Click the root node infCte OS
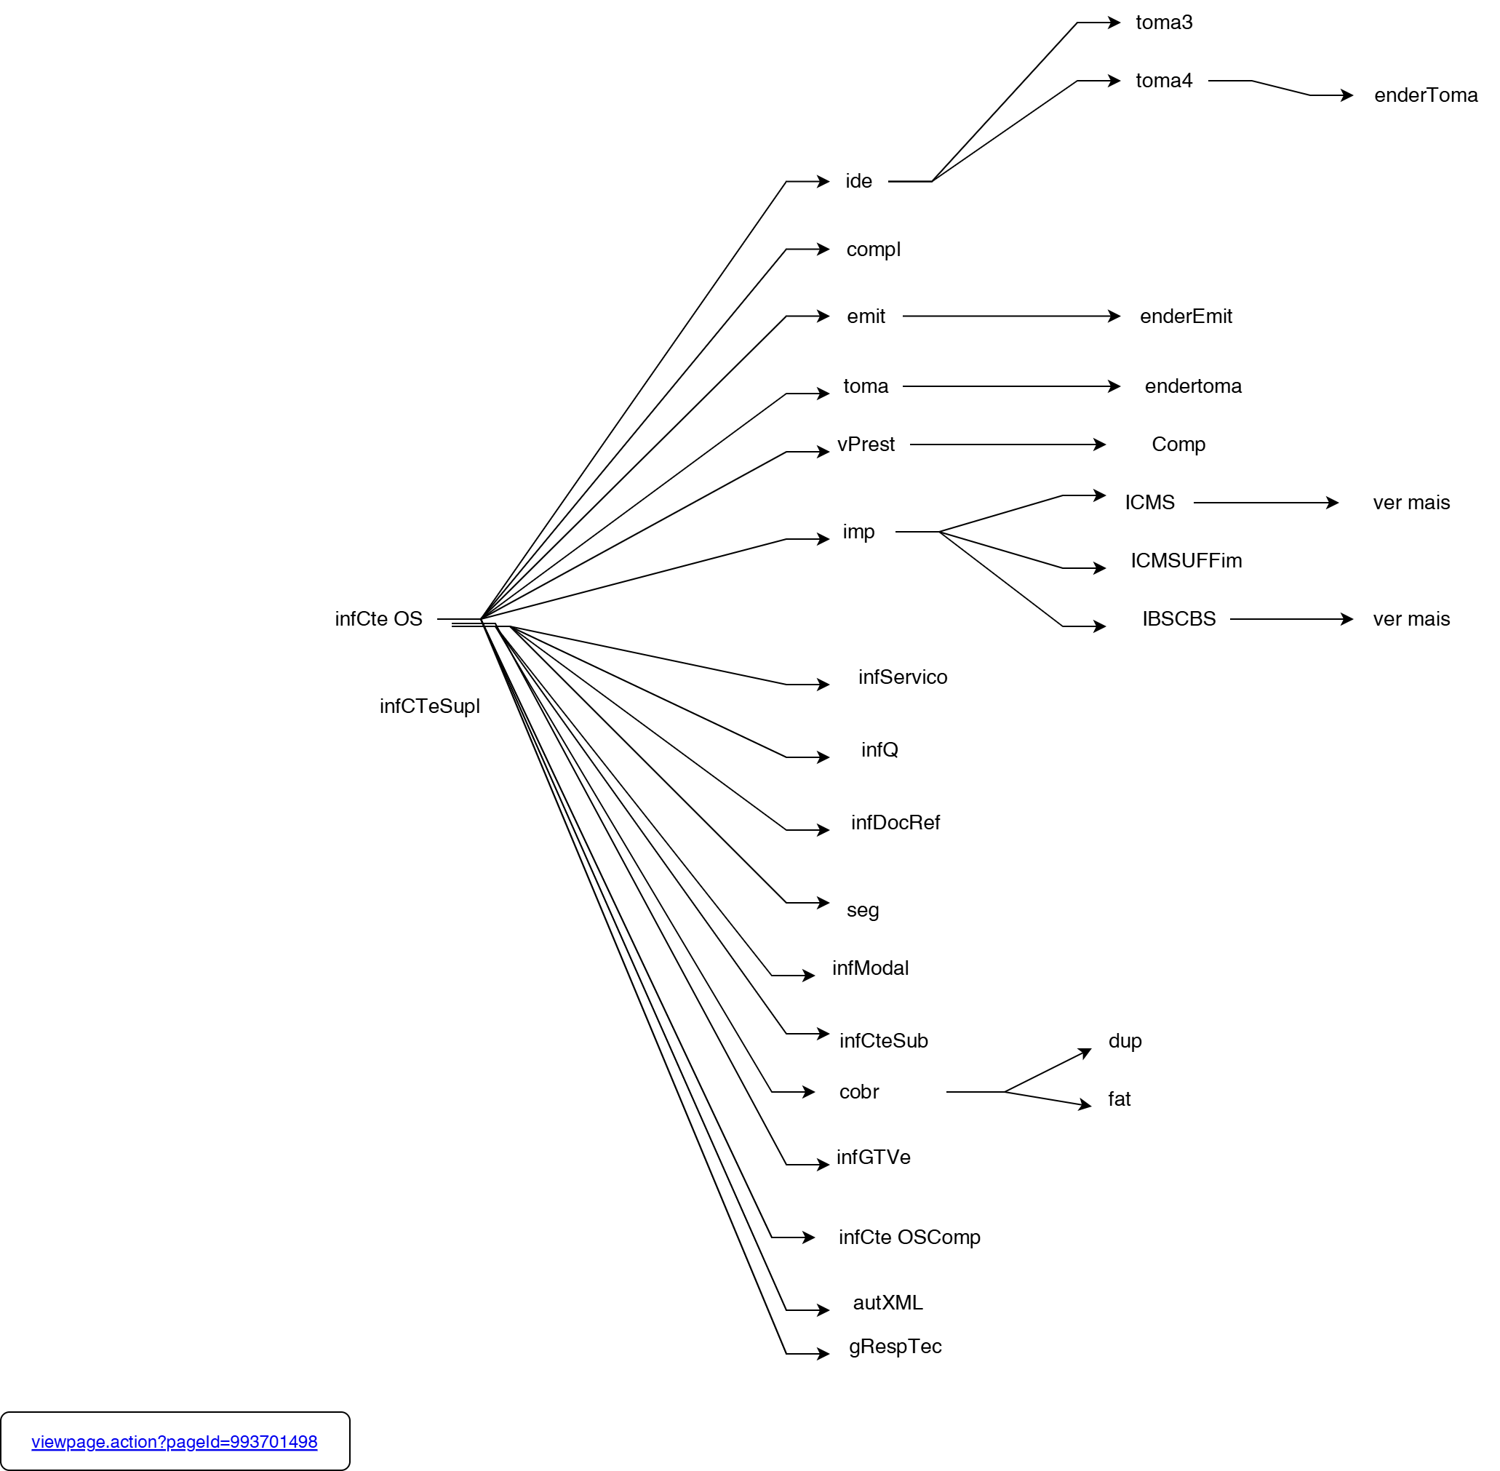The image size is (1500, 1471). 378,619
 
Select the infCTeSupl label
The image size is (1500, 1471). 429,706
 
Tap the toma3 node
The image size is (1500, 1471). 1164,23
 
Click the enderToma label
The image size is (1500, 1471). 1426,95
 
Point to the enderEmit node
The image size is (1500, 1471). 1186,316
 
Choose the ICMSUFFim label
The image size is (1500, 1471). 1186,560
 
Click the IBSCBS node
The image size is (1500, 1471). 1178,619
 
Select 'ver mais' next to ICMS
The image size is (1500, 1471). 1411,502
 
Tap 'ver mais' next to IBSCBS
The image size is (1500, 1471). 1411,619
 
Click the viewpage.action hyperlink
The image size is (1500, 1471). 175,1442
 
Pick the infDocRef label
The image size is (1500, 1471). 895,822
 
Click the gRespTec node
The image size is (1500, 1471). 895,1346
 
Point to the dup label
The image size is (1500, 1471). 1125,1040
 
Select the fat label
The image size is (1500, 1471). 1120,1099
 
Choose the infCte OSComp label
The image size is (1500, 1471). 909,1237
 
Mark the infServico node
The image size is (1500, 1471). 902,677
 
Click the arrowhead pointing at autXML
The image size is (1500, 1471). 823,1309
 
